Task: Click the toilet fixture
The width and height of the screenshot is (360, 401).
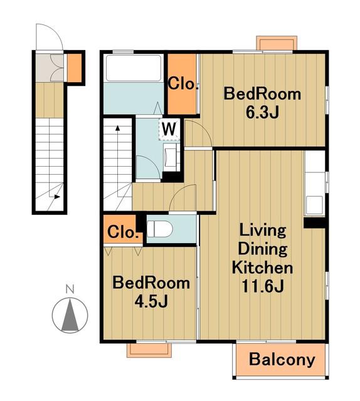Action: coord(159,229)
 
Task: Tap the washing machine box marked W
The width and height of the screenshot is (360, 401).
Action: coord(169,130)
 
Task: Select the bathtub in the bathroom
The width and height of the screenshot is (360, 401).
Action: coord(134,68)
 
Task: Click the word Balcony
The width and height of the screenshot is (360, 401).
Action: coord(282,360)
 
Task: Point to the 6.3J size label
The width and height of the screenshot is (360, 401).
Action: coord(262,112)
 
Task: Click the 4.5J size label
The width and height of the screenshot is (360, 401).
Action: coord(151,302)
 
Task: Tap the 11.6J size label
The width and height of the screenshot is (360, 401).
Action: coord(263,286)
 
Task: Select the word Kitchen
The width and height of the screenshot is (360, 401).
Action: coord(262,268)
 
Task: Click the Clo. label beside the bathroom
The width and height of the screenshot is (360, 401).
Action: coord(183,83)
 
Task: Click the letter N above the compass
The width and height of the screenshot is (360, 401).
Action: coord(70,289)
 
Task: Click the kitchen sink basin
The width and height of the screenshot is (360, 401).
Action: coord(314,205)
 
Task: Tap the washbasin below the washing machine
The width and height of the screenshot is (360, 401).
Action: coord(170,157)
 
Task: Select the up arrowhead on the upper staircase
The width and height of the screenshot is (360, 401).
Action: coord(117,128)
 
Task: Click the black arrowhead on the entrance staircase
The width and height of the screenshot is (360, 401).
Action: coord(57,197)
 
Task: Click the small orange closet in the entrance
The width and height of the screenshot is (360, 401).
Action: coord(74,67)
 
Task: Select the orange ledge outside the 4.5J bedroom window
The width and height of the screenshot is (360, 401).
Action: coord(149,350)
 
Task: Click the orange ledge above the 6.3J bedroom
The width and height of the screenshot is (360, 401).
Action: coord(277,43)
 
